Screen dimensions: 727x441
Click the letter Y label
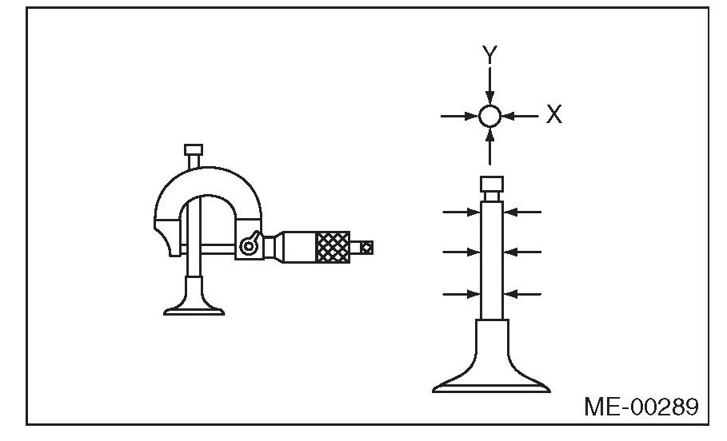[490, 54]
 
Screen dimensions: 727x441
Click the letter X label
[554, 115]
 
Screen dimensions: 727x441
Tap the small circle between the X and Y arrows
[490, 117]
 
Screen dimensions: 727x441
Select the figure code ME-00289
[640, 407]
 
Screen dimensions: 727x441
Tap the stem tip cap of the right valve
[491, 185]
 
